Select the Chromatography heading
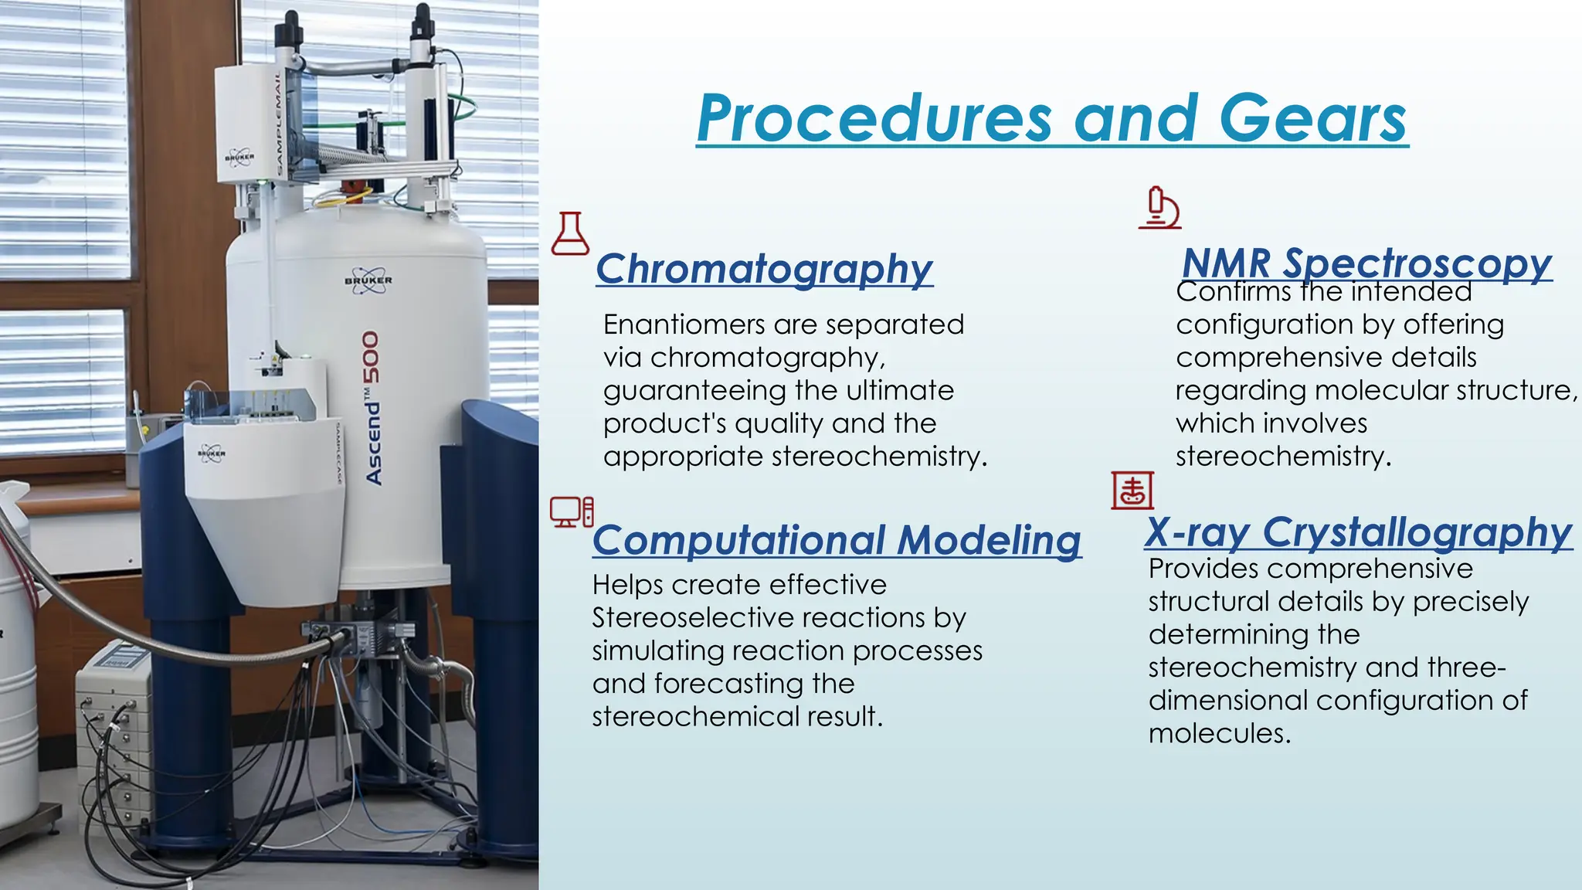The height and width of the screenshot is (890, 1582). point(764,269)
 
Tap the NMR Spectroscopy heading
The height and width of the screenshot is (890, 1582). point(1366,263)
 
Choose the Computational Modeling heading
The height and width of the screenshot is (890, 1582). point(837,539)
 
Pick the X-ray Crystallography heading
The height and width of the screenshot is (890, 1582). point(1358,532)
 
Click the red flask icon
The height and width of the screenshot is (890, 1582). point(570,234)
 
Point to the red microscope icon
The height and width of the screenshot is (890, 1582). point(1160,208)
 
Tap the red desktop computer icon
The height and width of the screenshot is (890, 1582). point(572,511)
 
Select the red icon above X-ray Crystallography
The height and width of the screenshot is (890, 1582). point(1132,491)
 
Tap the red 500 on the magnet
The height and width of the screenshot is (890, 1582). point(372,358)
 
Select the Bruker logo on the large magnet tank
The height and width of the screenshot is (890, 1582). point(368,281)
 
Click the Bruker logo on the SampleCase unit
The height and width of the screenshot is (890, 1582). point(211,453)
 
